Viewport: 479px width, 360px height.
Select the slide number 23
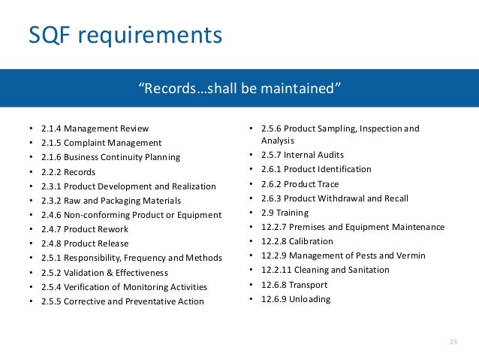[453, 343]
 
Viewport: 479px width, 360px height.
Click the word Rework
[112, 229]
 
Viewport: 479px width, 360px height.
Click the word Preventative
[148, 301]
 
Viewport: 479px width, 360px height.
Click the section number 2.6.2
[274, 184]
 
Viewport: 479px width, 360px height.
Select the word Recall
[393, 198]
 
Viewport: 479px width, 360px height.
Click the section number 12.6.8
[277, 284]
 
